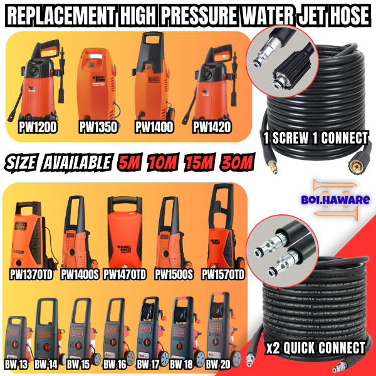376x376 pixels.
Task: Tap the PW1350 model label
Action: [x=97, y=128]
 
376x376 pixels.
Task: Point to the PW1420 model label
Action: [x=212, y=128]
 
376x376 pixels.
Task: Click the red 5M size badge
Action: [x=130, y=163]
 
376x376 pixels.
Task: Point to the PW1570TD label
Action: [x=223, y=274]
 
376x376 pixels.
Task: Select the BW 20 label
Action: [x=219, y=363]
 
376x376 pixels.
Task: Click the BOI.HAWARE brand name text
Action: [x=340, y=200]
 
